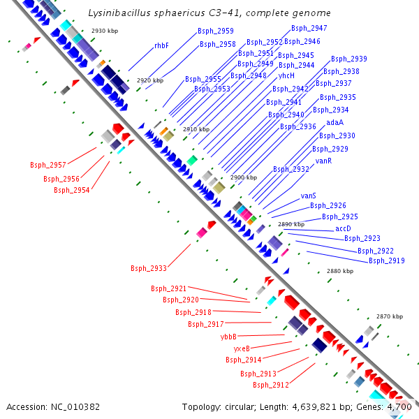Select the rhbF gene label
click(x=161, y=45)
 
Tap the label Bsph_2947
click(x=309, y=28)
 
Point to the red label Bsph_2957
click(x=47, y=166)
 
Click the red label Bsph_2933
click(x=148, y=268)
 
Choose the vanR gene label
click(x=323, y=161)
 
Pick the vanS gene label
click(x=308, y=196)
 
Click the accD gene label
click(x=343, y=228)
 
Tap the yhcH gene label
click(x=286, y=75)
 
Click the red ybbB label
click(x=228, y=336)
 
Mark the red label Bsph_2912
click(x=270, y=385)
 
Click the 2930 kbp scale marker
click(x=106, y=31)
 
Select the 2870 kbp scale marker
click(x=389, y=317)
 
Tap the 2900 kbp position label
click(x=244, y=178)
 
